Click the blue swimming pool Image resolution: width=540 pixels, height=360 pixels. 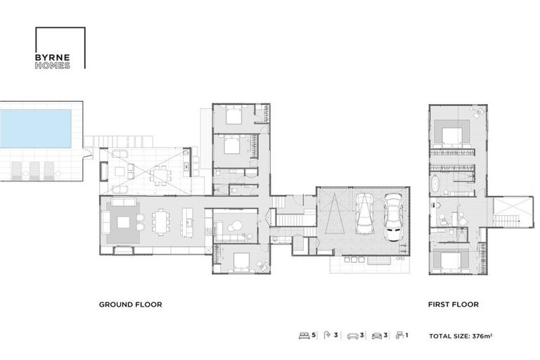[x=36, y=128]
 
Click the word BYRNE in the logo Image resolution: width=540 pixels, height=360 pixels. [x=52, y=58]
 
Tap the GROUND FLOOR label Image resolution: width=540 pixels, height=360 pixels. [x=130, y=305]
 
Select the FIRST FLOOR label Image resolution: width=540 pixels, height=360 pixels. [x=453, y=305]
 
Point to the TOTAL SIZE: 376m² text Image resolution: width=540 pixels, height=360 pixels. [x=461, y=336]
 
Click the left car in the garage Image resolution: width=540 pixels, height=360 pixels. [x=364, y=214]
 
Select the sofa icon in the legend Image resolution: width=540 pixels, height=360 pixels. [x=352, y=336]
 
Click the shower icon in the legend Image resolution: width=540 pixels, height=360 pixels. [x=327, y=336]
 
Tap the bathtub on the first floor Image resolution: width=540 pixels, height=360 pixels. [x=435, y=186]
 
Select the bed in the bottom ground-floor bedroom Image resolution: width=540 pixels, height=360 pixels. [x=241, y=260]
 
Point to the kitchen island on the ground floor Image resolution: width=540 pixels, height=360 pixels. [x=188, y=222]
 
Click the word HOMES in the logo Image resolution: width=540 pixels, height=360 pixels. [x=52, y=65]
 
